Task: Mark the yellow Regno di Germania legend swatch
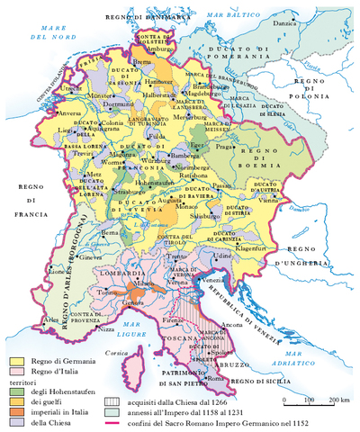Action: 15,360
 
